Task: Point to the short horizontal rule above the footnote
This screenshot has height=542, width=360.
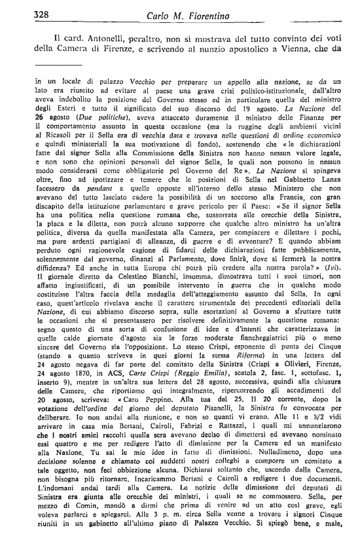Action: point(57,65)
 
